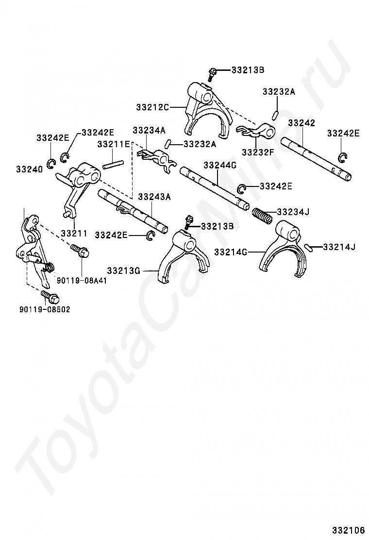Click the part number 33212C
152,107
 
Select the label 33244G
219,166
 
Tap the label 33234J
293,212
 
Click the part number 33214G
231,252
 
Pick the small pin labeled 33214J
309,247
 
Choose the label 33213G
123,270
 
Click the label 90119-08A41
82,280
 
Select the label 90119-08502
45,309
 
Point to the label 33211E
114,144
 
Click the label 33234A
149,130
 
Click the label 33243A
154,197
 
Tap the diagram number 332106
349,528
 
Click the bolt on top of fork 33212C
212,74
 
